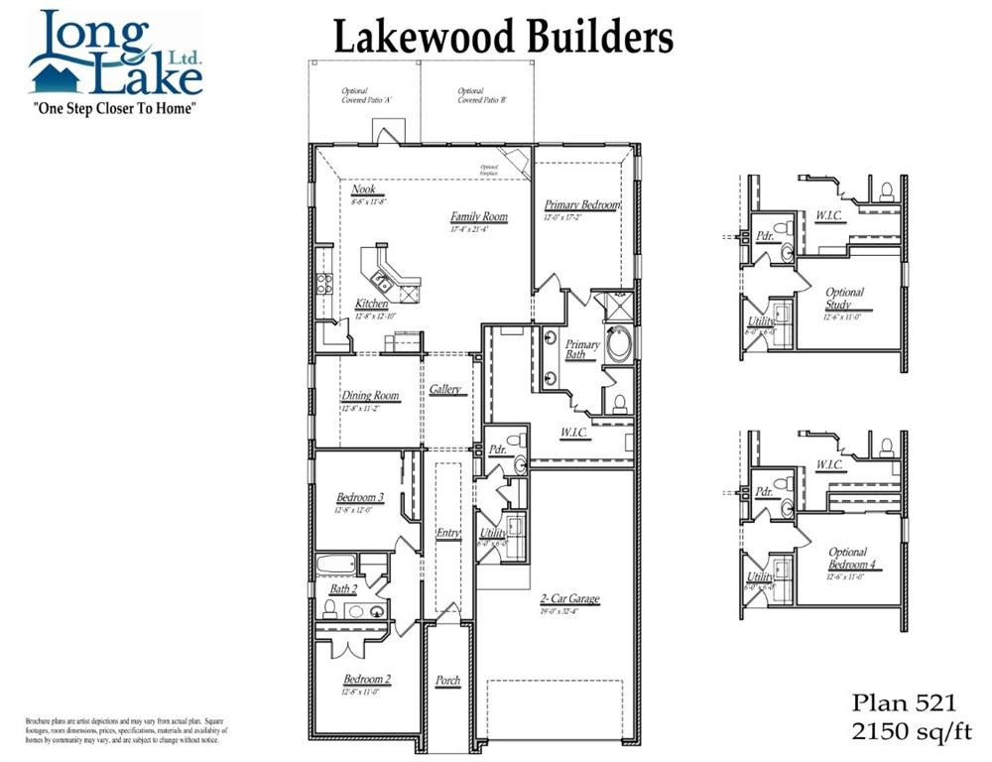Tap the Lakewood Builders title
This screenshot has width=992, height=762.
pos(503,38)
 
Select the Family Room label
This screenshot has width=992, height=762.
pos(478,216)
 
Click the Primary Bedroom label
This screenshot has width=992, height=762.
pos(581,205)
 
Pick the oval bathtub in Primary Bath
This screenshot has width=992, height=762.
pos(619,342)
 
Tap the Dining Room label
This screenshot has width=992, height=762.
pos(370,395)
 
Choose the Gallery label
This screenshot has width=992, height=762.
pos(445,390)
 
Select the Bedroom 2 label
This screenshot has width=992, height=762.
pos(367,680)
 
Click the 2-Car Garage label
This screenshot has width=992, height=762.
pos(569,599)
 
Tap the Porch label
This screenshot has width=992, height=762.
pos(447,681)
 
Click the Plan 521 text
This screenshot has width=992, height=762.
pos(904,703)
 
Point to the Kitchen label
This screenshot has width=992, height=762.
pos(372,304)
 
